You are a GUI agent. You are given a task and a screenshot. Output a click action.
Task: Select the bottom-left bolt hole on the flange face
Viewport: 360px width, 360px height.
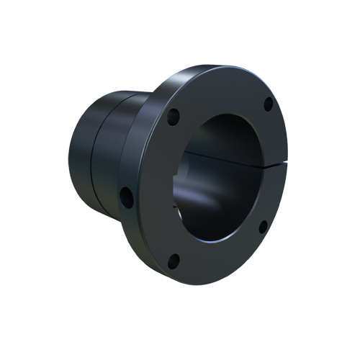(x=172, y=261)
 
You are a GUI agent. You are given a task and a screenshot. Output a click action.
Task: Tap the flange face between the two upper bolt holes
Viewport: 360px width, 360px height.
(x=220, y=90)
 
